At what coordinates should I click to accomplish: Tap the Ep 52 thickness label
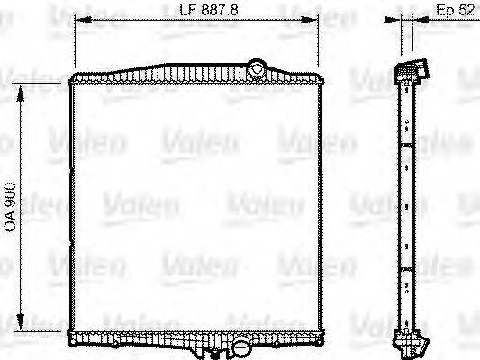tap(454, 11)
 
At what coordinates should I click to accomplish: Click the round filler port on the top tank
tap(258, 67)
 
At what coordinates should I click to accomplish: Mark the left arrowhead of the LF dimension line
tap(76, 21)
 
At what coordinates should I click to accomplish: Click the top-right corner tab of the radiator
tap(320, 81)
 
